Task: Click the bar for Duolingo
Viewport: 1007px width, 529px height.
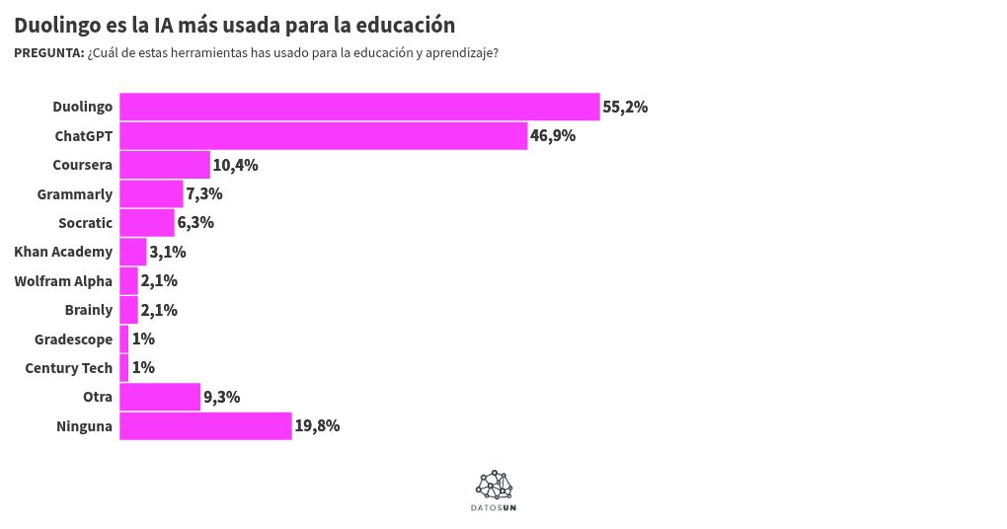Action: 359,107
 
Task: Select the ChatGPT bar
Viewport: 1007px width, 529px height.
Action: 323,136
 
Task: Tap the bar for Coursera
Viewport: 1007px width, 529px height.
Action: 165,165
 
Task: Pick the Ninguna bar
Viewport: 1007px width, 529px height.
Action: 205,426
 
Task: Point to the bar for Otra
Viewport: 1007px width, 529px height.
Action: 160,397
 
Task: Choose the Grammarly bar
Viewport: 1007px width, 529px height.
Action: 151,194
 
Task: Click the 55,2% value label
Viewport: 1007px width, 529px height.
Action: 625,107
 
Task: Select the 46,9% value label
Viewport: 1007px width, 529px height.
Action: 553,136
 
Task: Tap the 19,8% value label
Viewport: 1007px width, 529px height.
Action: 317,426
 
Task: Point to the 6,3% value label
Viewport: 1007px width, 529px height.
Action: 195,223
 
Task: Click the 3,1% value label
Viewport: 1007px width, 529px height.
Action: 168,252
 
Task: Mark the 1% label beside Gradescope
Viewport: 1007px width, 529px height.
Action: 143,340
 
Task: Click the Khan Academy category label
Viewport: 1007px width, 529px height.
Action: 63,252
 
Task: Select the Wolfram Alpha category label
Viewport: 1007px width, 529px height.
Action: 63,281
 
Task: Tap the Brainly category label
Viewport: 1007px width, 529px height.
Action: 89,310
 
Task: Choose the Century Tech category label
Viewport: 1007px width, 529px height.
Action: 69,368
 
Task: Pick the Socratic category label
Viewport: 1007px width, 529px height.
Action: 85,223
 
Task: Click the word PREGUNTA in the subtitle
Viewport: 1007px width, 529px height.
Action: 48,53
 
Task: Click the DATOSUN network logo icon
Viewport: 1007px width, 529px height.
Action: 495,484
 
